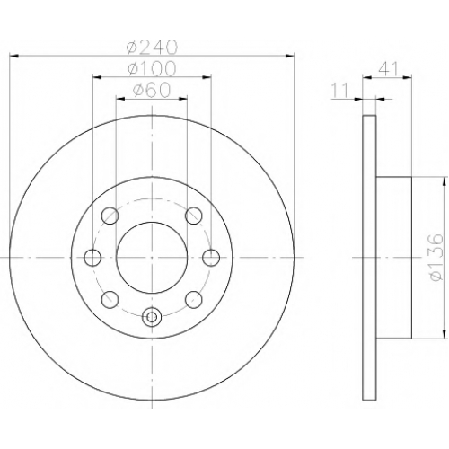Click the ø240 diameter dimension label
pos(152,48)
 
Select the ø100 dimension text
pos(152,68)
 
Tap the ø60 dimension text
pos(152,90)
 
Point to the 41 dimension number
pos(389,68)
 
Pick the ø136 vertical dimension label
pos(436,258)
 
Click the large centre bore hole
pos(152,258)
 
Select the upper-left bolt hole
pos(110,216)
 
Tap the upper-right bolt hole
pos(194,216)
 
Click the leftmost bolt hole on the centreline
pos(92,258)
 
